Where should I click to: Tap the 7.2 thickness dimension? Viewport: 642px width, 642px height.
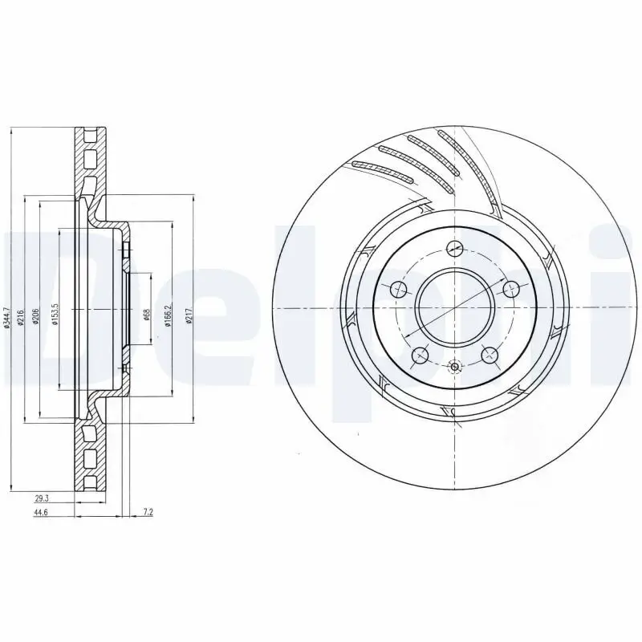148,510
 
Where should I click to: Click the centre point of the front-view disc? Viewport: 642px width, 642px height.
454,308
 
